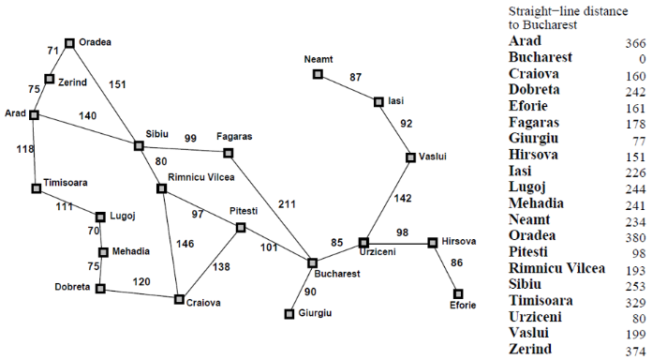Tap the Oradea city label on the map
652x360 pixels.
click(x=95, y=42)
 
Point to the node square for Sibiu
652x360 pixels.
click(x=139, y=145)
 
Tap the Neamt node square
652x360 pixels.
click(x=318, y=73)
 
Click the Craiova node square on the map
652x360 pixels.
click(x=178, y=299)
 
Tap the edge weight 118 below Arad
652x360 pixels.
click(x=24, y=148)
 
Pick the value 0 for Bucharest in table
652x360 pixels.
click(x=642, y=59)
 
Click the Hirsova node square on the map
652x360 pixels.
click(x=432, y=243)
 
